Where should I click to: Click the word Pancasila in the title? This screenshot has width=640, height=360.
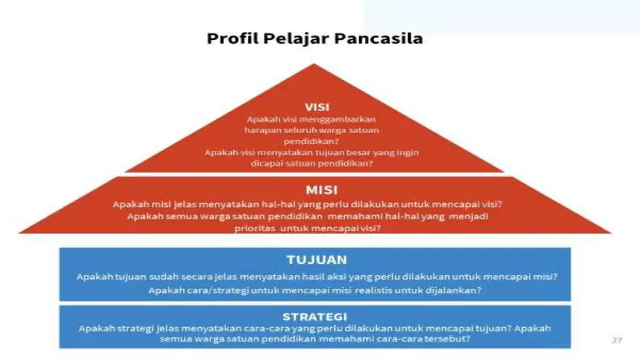tap(378, 38)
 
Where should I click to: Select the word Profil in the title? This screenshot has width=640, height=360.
tap(233, 38)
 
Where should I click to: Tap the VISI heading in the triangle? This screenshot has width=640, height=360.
tap(317, 107)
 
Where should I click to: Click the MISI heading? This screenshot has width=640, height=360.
tap(321, 190)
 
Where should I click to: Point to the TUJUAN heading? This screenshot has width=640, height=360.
tap(316, 260)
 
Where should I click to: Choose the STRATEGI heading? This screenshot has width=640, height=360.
tap(315, 317)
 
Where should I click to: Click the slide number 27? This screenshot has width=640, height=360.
tap(617, 340)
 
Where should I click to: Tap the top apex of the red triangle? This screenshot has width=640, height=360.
tap(314, 64)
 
